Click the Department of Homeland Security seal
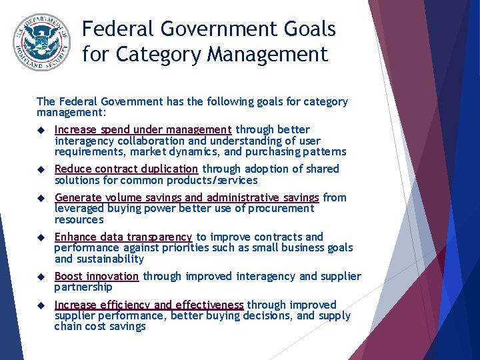point(41,42)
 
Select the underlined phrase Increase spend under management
point(143,129)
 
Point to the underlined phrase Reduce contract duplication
point(126,169)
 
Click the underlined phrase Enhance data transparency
point(123,237)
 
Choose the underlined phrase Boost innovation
point(97,276)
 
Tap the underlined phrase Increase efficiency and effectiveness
point(149,305)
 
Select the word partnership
point(83,287)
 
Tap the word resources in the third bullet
point(79,219)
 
